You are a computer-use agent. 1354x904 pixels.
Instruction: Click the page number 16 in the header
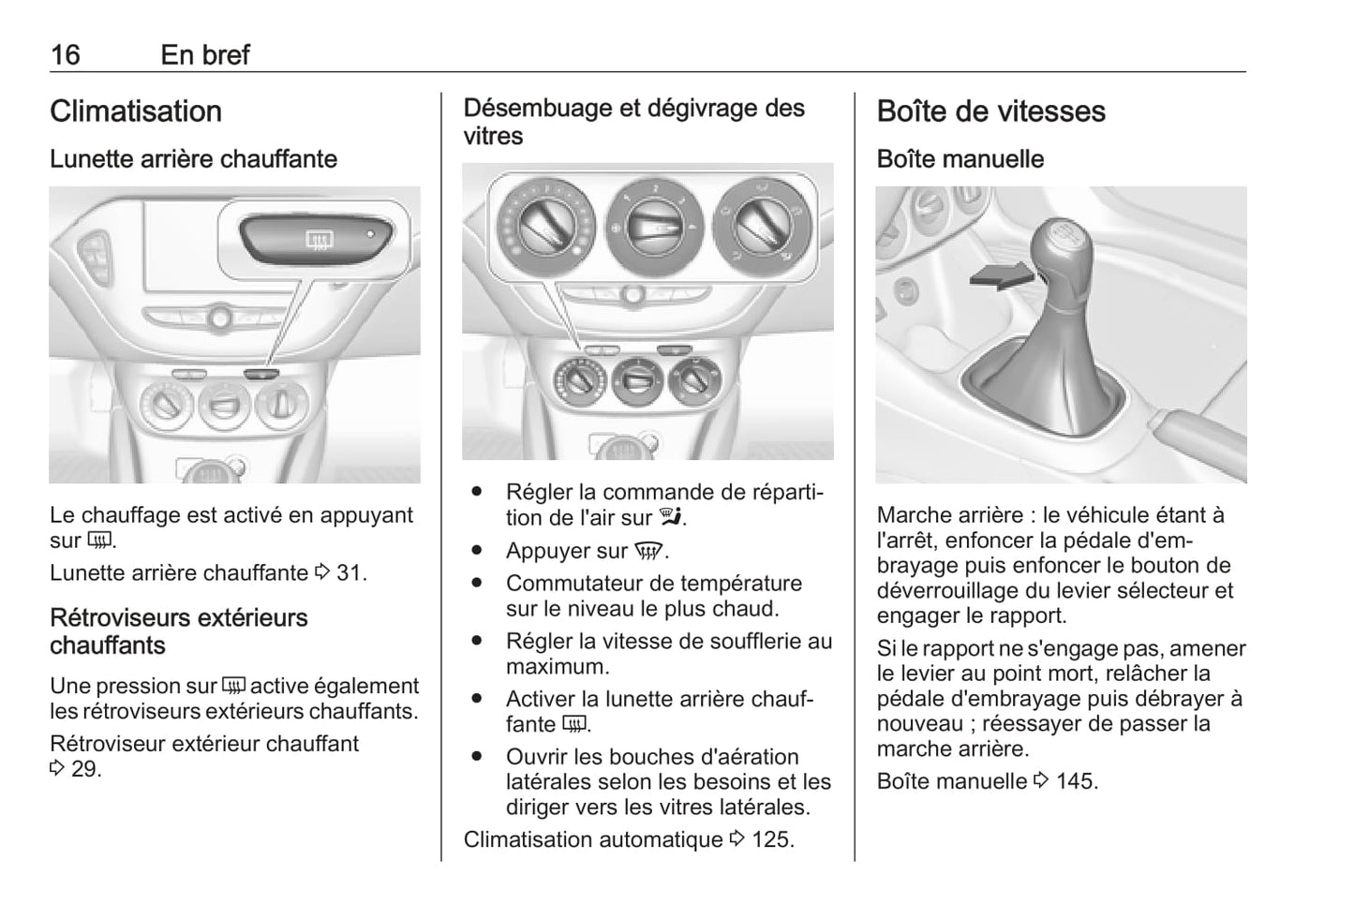tap(66, 54)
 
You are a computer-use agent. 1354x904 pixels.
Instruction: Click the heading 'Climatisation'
tap(136, 111)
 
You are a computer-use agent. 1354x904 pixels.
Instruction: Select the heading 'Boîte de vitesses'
tap(990, 111)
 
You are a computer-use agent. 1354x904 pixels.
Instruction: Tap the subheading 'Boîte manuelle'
tap(960, 159)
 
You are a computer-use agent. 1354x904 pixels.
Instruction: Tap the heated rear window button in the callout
tap(319, 241)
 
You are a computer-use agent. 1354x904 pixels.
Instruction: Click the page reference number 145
tap(1076, 781)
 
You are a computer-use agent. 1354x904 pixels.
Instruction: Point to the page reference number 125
tap(771, 839)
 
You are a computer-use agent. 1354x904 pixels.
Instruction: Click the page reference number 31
tap(350, 572)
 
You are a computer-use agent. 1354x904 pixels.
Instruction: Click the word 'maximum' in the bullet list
tap(556, 667)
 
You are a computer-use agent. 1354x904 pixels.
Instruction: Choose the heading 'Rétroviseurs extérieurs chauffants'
tap(178, 631)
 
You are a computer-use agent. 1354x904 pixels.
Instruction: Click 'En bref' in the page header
tap(205, 54)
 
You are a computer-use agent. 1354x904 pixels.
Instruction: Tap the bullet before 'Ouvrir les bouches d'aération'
tap(478, 756)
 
